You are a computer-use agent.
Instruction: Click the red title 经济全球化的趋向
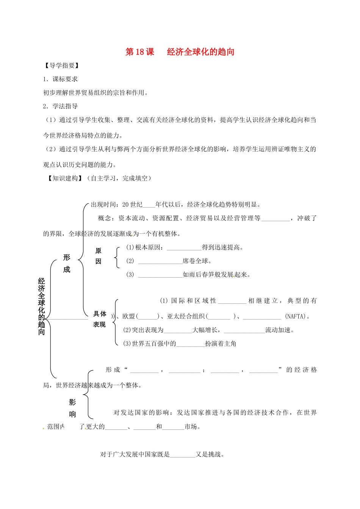(x=200, y=52)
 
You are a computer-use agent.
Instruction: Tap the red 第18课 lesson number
(x=140, y=52)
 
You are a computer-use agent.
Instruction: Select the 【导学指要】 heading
(x=62, y=66)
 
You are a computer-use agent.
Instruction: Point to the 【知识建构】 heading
(x=65, y=178)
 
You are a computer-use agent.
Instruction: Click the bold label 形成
(x=67, y=263)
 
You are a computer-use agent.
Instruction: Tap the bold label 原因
(x=99, y=256)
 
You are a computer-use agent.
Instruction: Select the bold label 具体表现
(x=100, y=319)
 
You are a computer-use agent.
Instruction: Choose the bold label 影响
(x=72, y=408)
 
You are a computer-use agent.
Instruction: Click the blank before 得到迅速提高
(x=184, y=248)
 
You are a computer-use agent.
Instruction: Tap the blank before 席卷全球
(x=160, y=262)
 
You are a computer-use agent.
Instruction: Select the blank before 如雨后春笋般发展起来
(x=160, y=275)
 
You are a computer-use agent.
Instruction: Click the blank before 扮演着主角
(x=190, y=344)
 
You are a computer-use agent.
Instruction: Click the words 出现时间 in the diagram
(x=103, y=205)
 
